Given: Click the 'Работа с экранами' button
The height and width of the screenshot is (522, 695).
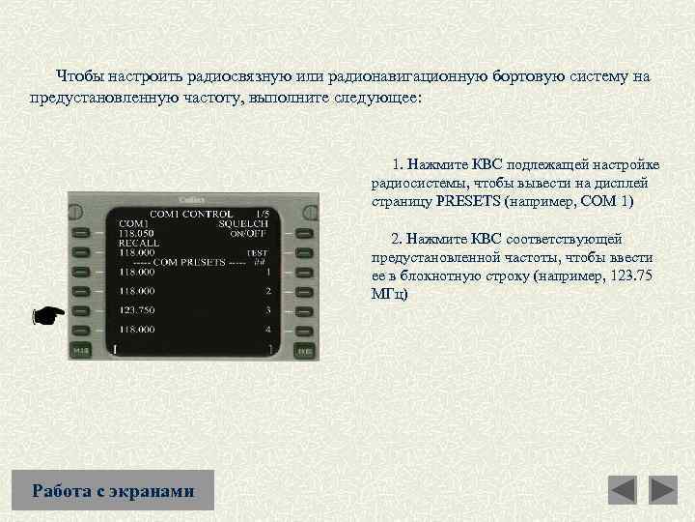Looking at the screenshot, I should tap(113, 490).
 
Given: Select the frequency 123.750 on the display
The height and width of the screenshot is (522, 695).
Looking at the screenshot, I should tap(137, 309).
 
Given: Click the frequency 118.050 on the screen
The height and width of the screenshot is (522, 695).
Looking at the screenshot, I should tap(137, 233).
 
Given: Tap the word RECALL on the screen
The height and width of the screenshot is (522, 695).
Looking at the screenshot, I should tap(139, 243).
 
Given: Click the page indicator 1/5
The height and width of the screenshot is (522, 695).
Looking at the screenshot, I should tap(262, 214).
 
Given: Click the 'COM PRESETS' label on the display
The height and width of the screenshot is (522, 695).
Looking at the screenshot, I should tap(189, 262).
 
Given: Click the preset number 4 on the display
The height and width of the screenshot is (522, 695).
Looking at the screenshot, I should tap(267, 329).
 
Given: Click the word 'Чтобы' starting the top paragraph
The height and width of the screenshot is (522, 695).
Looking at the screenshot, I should tap(75, 75).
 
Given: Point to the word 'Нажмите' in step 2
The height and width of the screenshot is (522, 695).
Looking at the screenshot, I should tap(439, 238).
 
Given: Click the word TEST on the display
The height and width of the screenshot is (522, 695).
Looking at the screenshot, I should tap(257, 252).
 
